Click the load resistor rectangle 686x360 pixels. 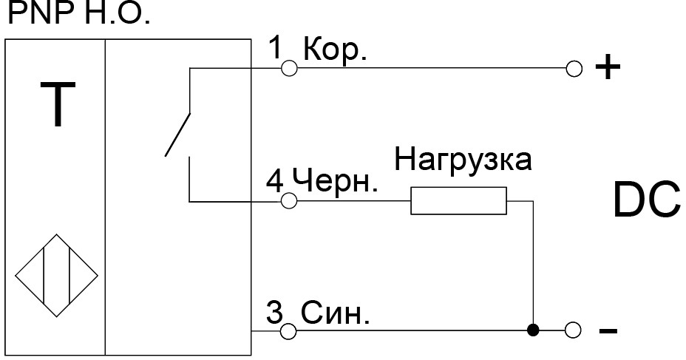pos(459,201)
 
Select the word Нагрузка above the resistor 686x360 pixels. pos(462,161)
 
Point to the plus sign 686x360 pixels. pos(607,69)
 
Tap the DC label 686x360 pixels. pos(645,200)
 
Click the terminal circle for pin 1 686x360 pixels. pos(289,69)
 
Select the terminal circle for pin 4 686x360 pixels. pos(289,201)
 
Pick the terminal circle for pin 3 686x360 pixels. pos(289,330)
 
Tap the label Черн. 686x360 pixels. pos(334,182)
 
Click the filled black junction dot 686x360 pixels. pos(532,330)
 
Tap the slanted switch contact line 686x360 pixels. pos(178,135)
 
